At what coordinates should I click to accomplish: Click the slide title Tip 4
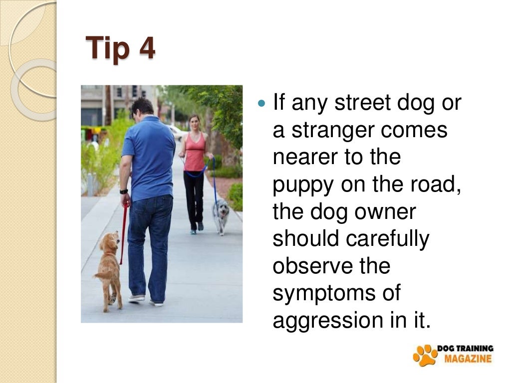(x=120, y=48)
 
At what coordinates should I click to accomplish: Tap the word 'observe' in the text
(x=311, y=266)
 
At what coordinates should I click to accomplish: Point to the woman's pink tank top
(x=195, y=152)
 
